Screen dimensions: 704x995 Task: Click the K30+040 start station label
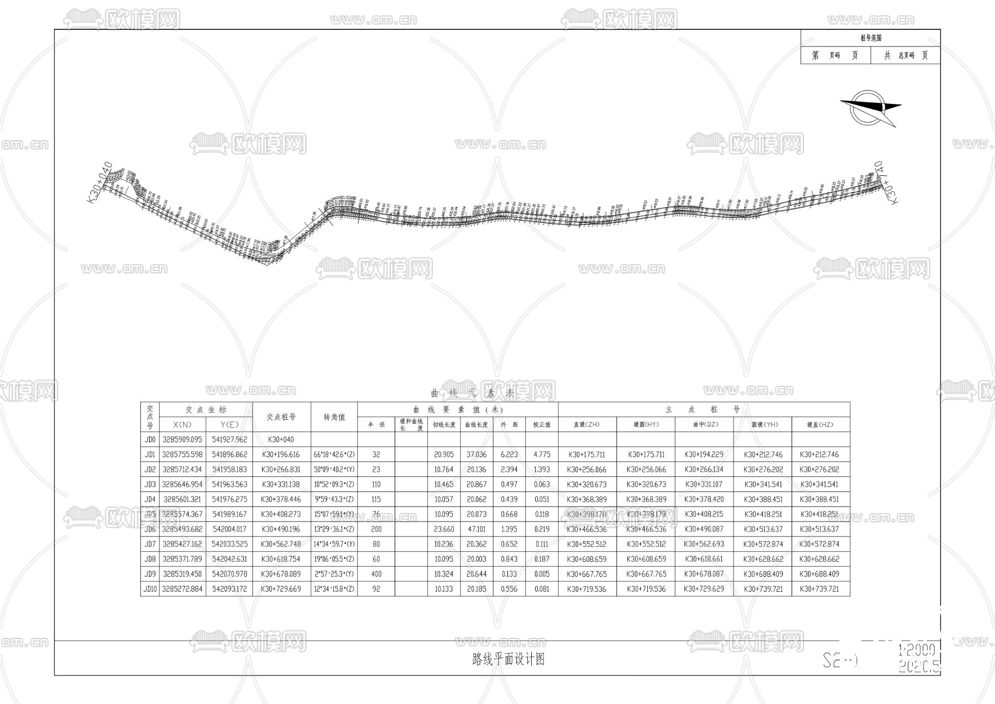tap(101, 183)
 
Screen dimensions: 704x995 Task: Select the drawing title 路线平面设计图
tap(509, 659)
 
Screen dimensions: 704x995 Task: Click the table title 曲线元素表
tap(473, 394)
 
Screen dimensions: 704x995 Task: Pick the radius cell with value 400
tap(376, 574)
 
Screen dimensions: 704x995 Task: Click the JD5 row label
tap(150, 514)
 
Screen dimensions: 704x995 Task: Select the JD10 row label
tap(150, 589)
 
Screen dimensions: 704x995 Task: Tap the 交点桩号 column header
tap(281, 417)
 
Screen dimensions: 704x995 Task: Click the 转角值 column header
tap(334, 417)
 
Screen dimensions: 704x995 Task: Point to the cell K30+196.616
tap(281, 455)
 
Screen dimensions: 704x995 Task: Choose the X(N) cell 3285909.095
tap(182, 440)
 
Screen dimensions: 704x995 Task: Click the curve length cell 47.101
tap(476, 529)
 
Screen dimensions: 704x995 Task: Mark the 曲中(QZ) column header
tap(704, 425)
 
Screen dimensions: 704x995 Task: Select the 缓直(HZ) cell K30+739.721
tap(820, 589)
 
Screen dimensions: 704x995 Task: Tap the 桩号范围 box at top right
tap(870, 38)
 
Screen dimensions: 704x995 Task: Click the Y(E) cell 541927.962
tap(229, 440)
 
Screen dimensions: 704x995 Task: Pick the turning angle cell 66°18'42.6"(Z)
tap(334, 455)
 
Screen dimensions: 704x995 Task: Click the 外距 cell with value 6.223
tap(509, 455)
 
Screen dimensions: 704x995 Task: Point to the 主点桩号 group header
tap(704, 410)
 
